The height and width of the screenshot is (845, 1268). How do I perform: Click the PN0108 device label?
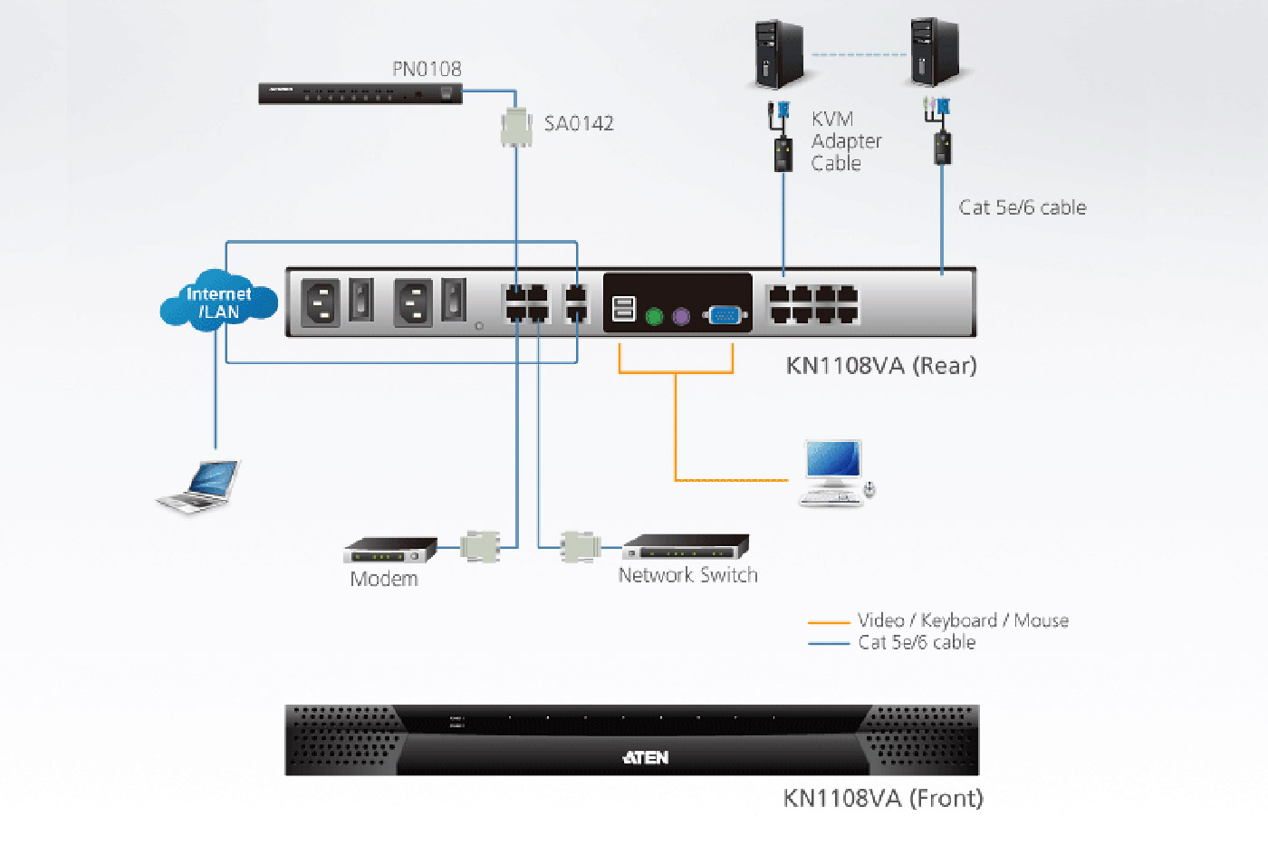click(427, 69)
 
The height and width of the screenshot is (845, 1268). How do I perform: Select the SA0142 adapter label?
click(579, 123)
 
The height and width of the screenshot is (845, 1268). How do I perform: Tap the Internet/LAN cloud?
click(218, 302)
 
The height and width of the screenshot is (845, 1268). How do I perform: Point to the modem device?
click(390, 549)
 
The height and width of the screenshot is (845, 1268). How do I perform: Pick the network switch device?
click(687, 547)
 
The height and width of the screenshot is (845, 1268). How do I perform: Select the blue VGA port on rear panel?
click(725, 315)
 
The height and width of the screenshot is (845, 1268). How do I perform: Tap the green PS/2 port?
click(655, 316)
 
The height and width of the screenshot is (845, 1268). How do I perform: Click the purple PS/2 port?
click(681, 316)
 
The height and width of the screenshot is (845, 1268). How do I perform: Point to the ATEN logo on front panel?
click(646, 757)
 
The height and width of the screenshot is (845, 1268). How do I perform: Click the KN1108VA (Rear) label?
click(881, 366)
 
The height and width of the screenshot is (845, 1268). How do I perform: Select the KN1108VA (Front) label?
click(883, 798)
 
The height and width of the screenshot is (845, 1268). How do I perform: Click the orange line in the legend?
click(828, 622)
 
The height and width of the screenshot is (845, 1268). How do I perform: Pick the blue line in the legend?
click(828, 644)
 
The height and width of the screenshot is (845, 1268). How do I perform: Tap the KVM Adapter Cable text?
click(845, 141)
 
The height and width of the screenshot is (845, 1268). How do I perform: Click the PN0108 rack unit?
click(360, 93)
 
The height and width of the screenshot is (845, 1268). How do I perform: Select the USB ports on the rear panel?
click(624, 309)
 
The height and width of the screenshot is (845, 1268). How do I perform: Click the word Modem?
click(384, 580)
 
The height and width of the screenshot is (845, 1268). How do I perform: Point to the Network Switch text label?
click(687, 575)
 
